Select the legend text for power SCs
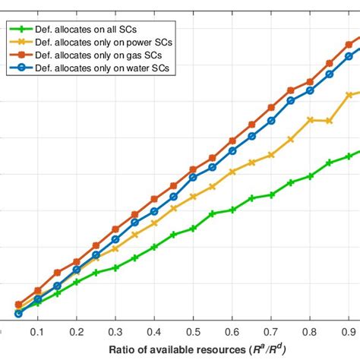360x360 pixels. click(97, 42)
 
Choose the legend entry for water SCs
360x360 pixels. click(97, 69)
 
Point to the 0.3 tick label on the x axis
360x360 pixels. click(115, 333)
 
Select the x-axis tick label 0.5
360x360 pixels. click(193, 333)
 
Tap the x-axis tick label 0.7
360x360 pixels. click(271, 333)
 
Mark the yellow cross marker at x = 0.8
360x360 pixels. click(310, 119)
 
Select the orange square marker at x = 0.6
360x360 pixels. click(232, 141)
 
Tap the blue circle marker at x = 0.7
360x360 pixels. click(271, 121)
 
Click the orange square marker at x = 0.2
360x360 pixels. click(77, 262)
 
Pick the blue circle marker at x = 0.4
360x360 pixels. click(154, 211)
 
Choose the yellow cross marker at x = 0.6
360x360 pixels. click(232, 172)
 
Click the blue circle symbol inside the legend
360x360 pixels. click(22, 69)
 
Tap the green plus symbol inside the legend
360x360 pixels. click(22, 28)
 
